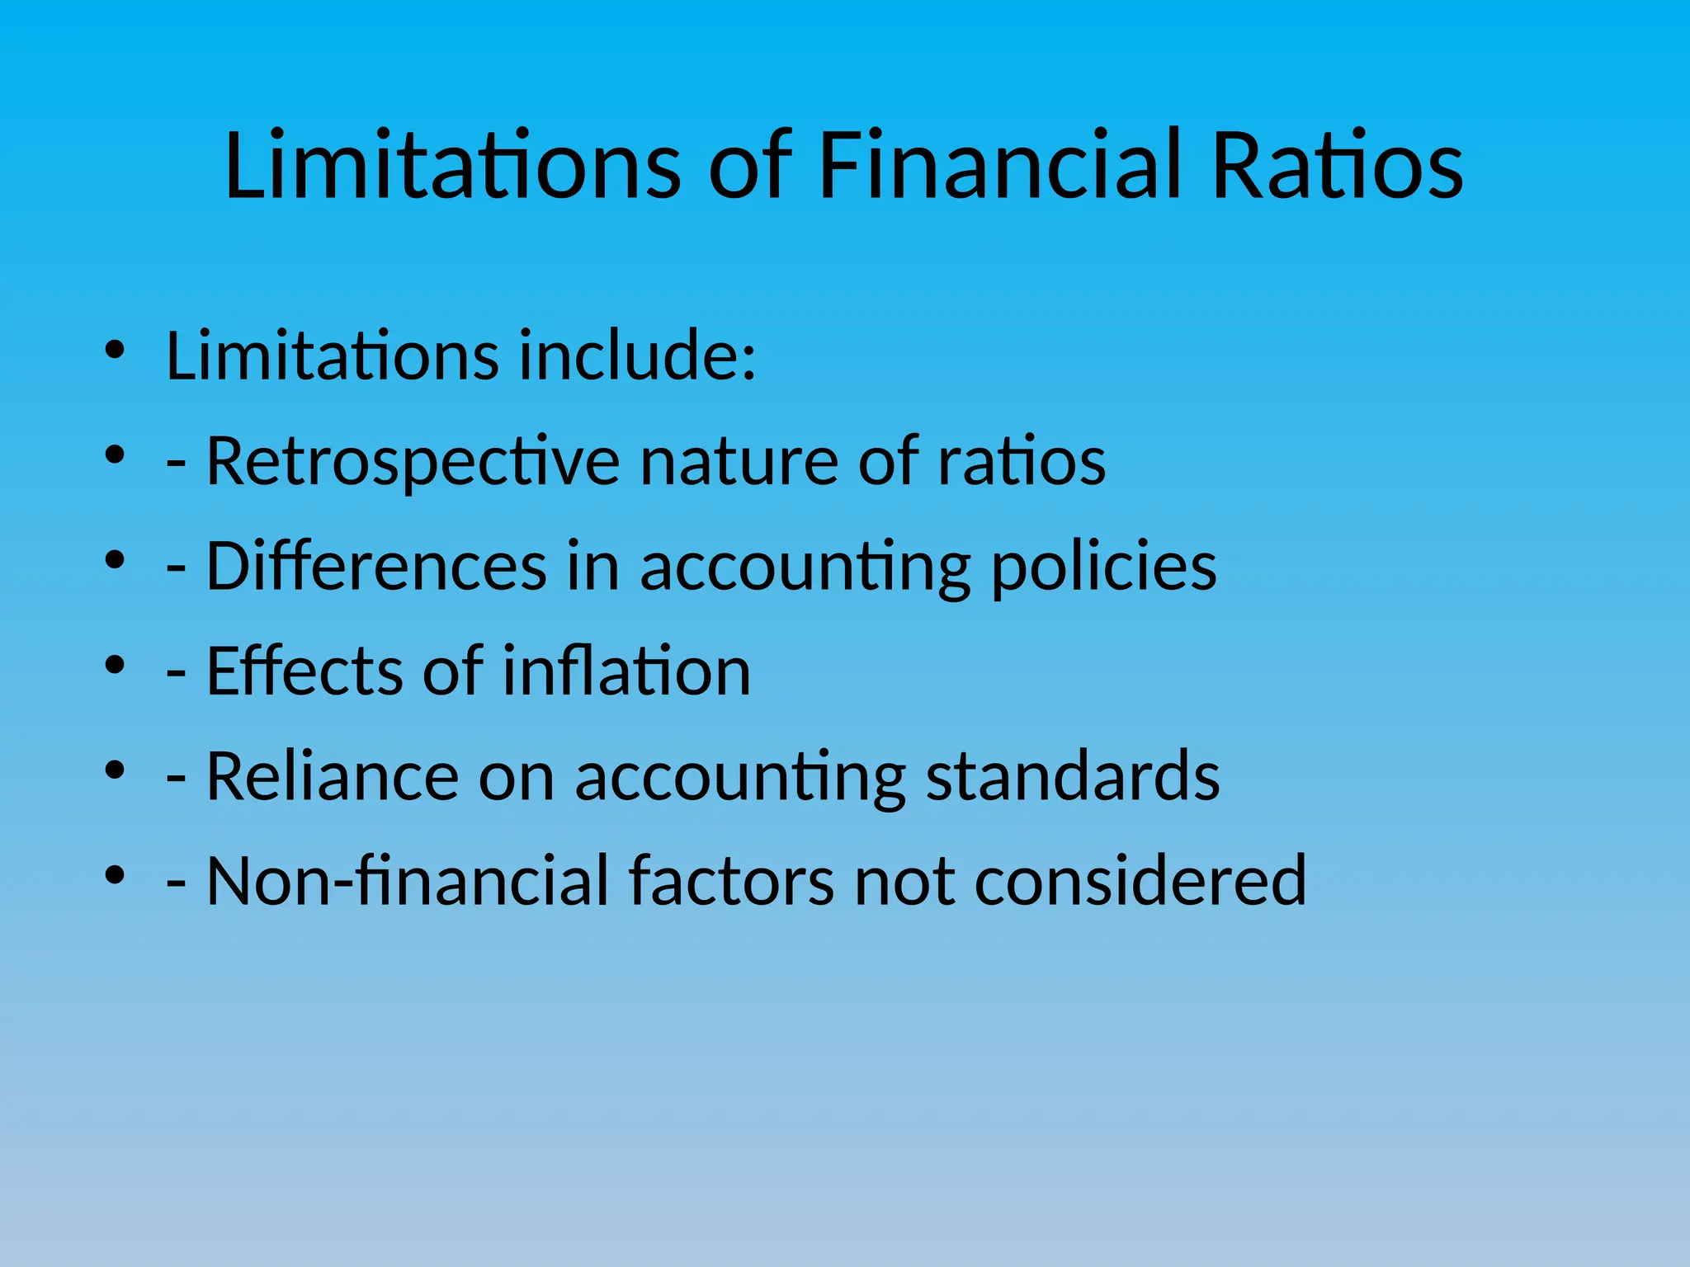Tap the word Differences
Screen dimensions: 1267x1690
point(376,567)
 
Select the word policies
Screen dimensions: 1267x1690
point(1103,567)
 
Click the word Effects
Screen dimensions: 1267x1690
point(304,671)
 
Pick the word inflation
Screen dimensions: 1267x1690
point(626,671)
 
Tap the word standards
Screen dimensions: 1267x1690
point(1072,776)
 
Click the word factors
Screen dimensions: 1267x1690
point(731,882)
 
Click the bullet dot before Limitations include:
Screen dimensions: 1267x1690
point(115,350)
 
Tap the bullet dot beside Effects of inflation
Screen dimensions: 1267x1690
point(115,665)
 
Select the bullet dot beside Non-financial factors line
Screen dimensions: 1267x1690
point(115,874)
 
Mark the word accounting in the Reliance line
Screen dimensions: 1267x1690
point(740,776)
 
